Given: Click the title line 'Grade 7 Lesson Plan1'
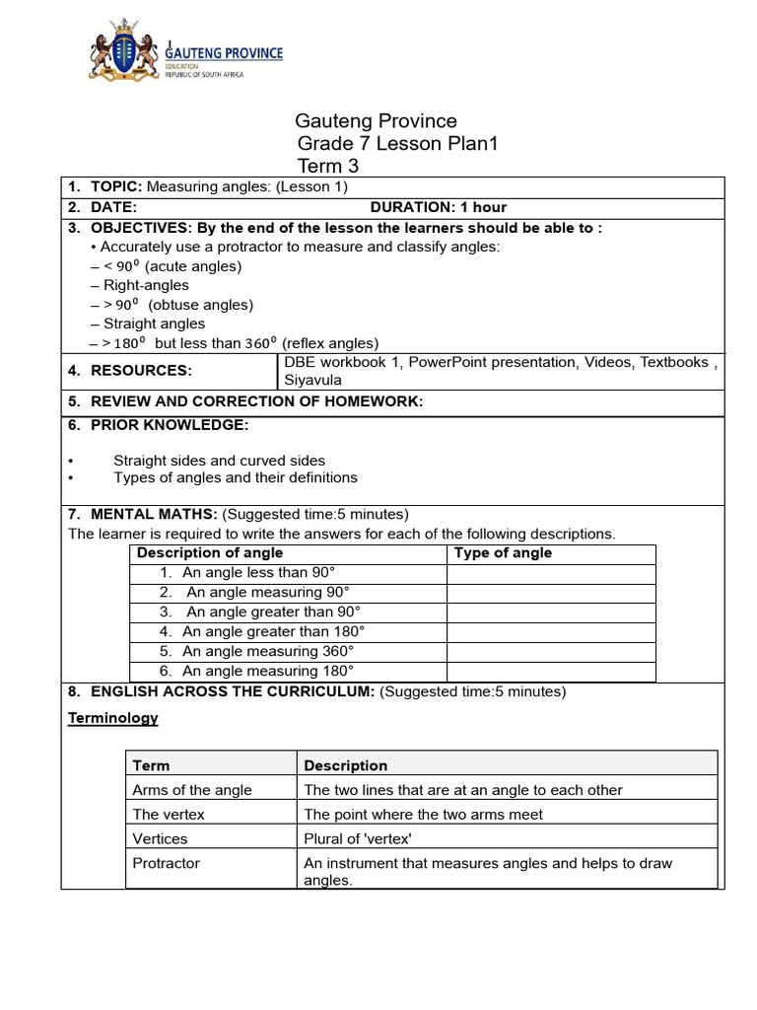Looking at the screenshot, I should (x=398, y=144).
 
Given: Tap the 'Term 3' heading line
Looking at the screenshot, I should (x=328, y=167).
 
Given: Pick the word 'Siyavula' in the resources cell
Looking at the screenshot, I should (x=313, y=380).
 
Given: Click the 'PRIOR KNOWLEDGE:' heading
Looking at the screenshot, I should (x=170, y=425).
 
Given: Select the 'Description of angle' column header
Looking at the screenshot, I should (x=210, y=553).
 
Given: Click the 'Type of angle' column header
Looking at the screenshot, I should (x=503, y=553).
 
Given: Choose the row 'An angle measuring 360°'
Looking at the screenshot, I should (x=268, y=652).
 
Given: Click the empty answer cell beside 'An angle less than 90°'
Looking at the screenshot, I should (x=551, y=573).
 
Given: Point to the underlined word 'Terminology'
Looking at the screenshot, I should (x=112, y=718).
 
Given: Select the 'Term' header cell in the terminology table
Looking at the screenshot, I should (x=151, y=765).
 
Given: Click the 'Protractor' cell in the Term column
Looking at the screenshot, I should (x=166, y=864).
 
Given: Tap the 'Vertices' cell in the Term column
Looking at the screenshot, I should (x=160, y=839).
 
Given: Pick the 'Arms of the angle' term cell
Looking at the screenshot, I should (x=192, y=790).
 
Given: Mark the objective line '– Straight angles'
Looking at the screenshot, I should (x=148, y=324).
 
